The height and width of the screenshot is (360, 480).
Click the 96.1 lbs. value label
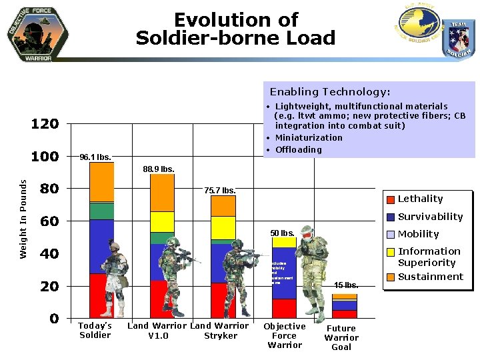pos(95,158)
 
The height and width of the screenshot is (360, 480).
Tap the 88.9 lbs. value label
pos(159,169)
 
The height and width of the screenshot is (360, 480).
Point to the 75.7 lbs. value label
pos(219,191)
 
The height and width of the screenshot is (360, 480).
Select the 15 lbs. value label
pos(346,285)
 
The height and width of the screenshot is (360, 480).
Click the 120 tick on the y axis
pos(45,124)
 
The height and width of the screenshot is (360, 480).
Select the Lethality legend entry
pos(420,199)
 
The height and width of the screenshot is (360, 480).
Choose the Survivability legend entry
pos(430,217)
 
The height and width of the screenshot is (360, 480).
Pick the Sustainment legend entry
pos(430,277)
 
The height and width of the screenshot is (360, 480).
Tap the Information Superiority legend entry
pos(429,257)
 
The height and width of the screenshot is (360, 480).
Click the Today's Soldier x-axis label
pos(95,331)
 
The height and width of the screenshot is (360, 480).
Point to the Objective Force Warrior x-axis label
pos(285,335)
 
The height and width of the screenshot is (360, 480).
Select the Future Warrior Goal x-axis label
pos(341,337)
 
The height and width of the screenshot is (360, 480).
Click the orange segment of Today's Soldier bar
pos(102,181)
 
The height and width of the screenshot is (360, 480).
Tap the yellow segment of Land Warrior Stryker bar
pos(223,227)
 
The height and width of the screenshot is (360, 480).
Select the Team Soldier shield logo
pos(459,38)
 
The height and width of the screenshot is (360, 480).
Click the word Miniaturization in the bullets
pos(309,138)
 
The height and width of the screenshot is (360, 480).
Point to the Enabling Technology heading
pos(330,92)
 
